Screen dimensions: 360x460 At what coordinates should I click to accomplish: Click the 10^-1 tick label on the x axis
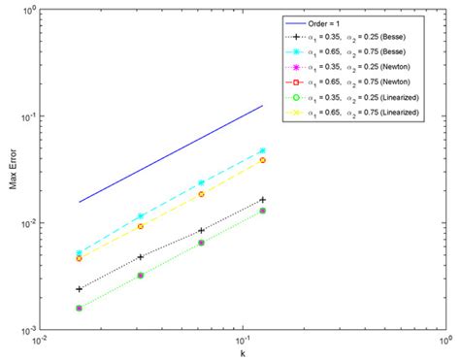(x=242, y=340)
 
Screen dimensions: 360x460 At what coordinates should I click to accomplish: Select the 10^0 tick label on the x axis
(x=444, y=340)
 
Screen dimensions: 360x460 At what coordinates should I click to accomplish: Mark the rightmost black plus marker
(x=262, y=200)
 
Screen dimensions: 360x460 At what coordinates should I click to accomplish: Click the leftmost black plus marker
(x=79, y=289)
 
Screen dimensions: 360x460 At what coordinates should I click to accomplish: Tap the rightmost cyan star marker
(x=262, y=151)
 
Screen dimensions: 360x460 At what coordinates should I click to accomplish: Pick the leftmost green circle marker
(x=79, y=308)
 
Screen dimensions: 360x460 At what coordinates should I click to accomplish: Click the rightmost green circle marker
(x=262, y=211)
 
